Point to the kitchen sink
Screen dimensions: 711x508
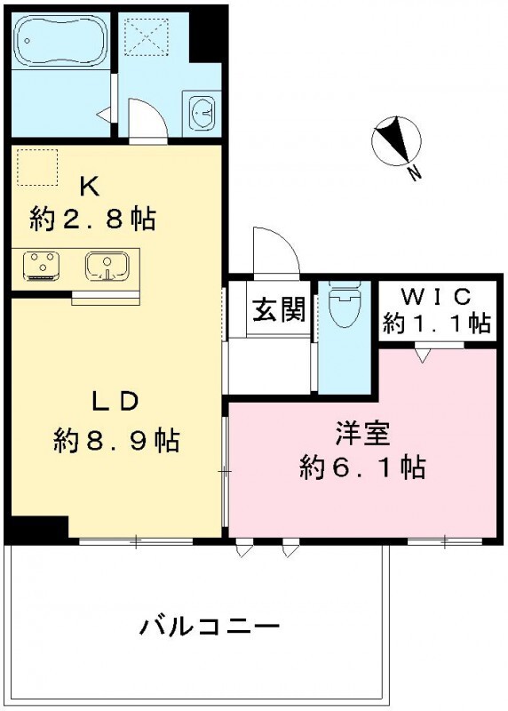coord(107,266)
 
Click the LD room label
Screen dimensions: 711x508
coord(115,402)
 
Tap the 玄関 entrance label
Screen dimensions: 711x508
coord(279,310)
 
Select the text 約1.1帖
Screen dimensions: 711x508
coord(436,323)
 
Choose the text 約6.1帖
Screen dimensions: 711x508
coord(361,466)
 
